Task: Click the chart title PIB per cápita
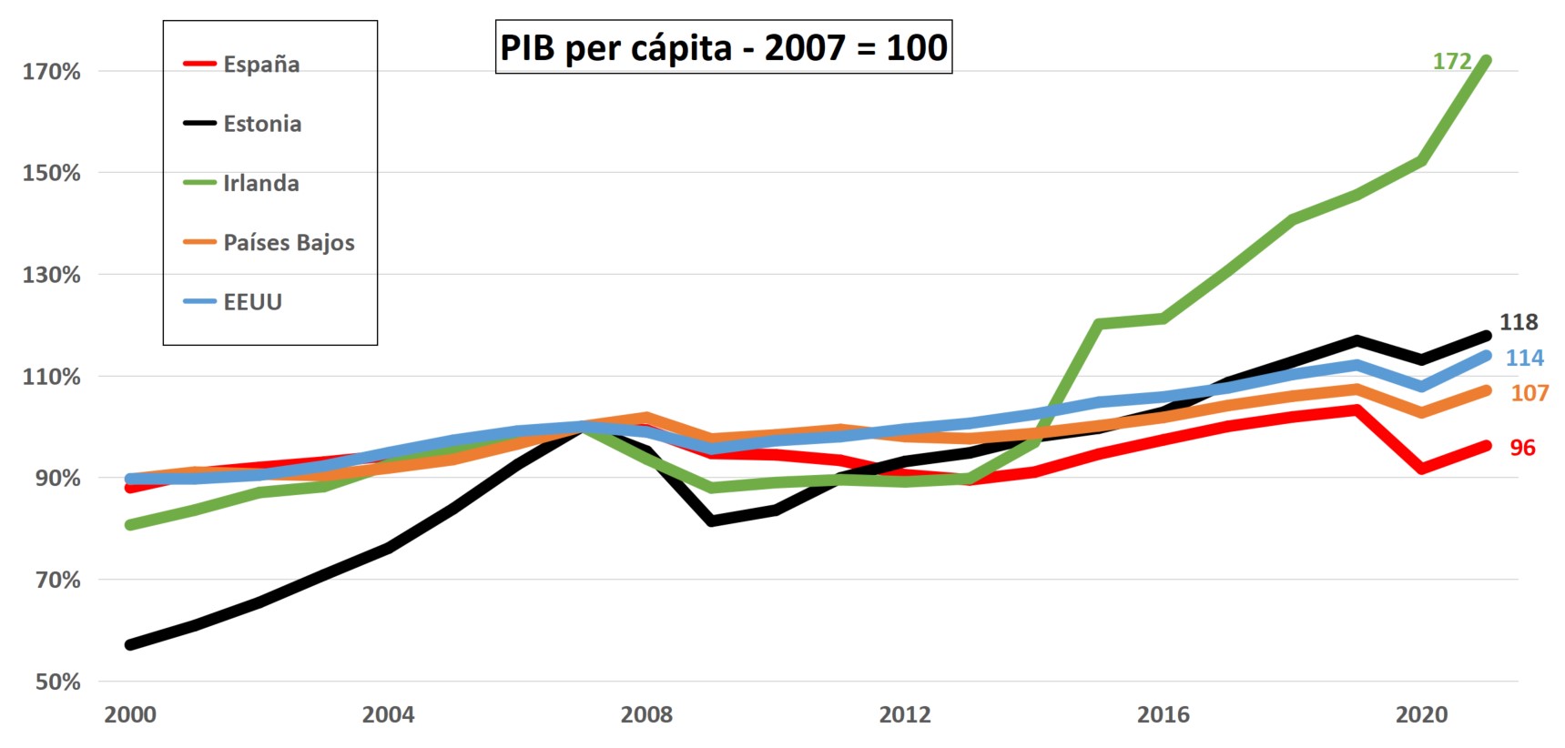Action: [x=723, y=47]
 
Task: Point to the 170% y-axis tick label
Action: [x=51, y=72]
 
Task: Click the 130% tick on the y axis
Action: [x=51, y=275]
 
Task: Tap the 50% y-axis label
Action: [x=57, y=682]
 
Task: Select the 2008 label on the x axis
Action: [x=646, y=715]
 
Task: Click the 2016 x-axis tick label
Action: [x=1163, y=715]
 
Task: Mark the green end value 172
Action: [x=1451, y=61]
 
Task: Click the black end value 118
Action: [x=1519, y=322]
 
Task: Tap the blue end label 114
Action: [x=1524, y=358]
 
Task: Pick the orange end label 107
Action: [x=1529, y=393]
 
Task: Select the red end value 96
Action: [x=1522, y=448]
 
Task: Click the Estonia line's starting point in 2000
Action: [x=130, y=644]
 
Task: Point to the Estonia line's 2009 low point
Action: [x=711, y=521]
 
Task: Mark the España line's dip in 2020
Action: [x=1421, y=469]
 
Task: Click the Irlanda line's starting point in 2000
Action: [x=130, y=525]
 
